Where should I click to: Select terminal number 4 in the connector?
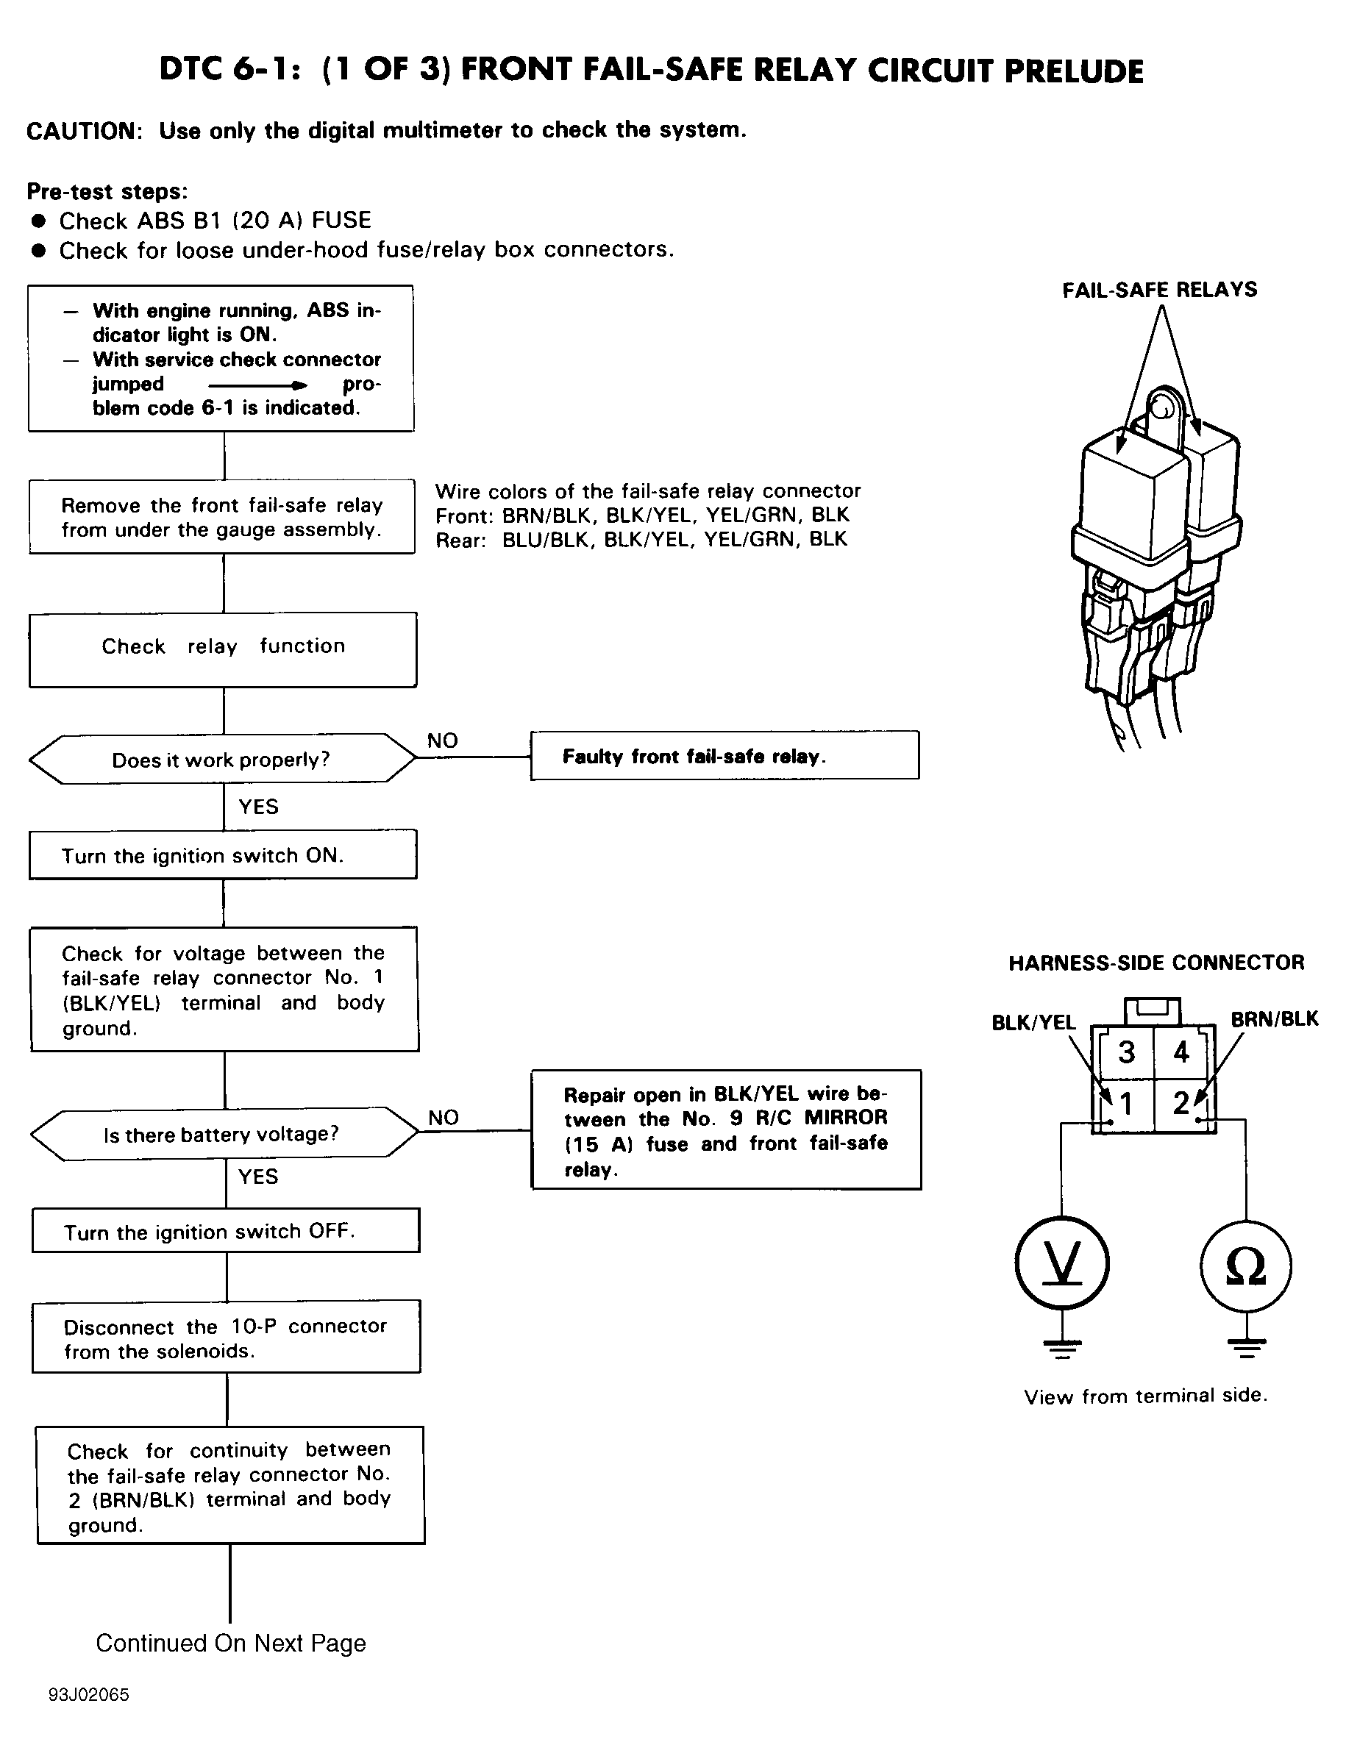pyautogui.click(x=1181, y=1052)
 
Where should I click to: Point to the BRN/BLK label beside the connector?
pyautogui.click(x=1274, y=1019)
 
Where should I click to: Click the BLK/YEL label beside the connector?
pyautogui.click(x=1033, y=1022)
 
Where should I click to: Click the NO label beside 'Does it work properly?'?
pyautogui.click(x=442, y=740)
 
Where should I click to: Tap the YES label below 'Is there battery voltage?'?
pyautogui.click(x=258, y=1177)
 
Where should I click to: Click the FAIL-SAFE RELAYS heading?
pyautogui.click(x=1159, y=290)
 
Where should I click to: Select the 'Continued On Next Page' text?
pyautogui.click(x=231, y=1643)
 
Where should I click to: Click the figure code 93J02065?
pyautogui.click(x=88, y=1695)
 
